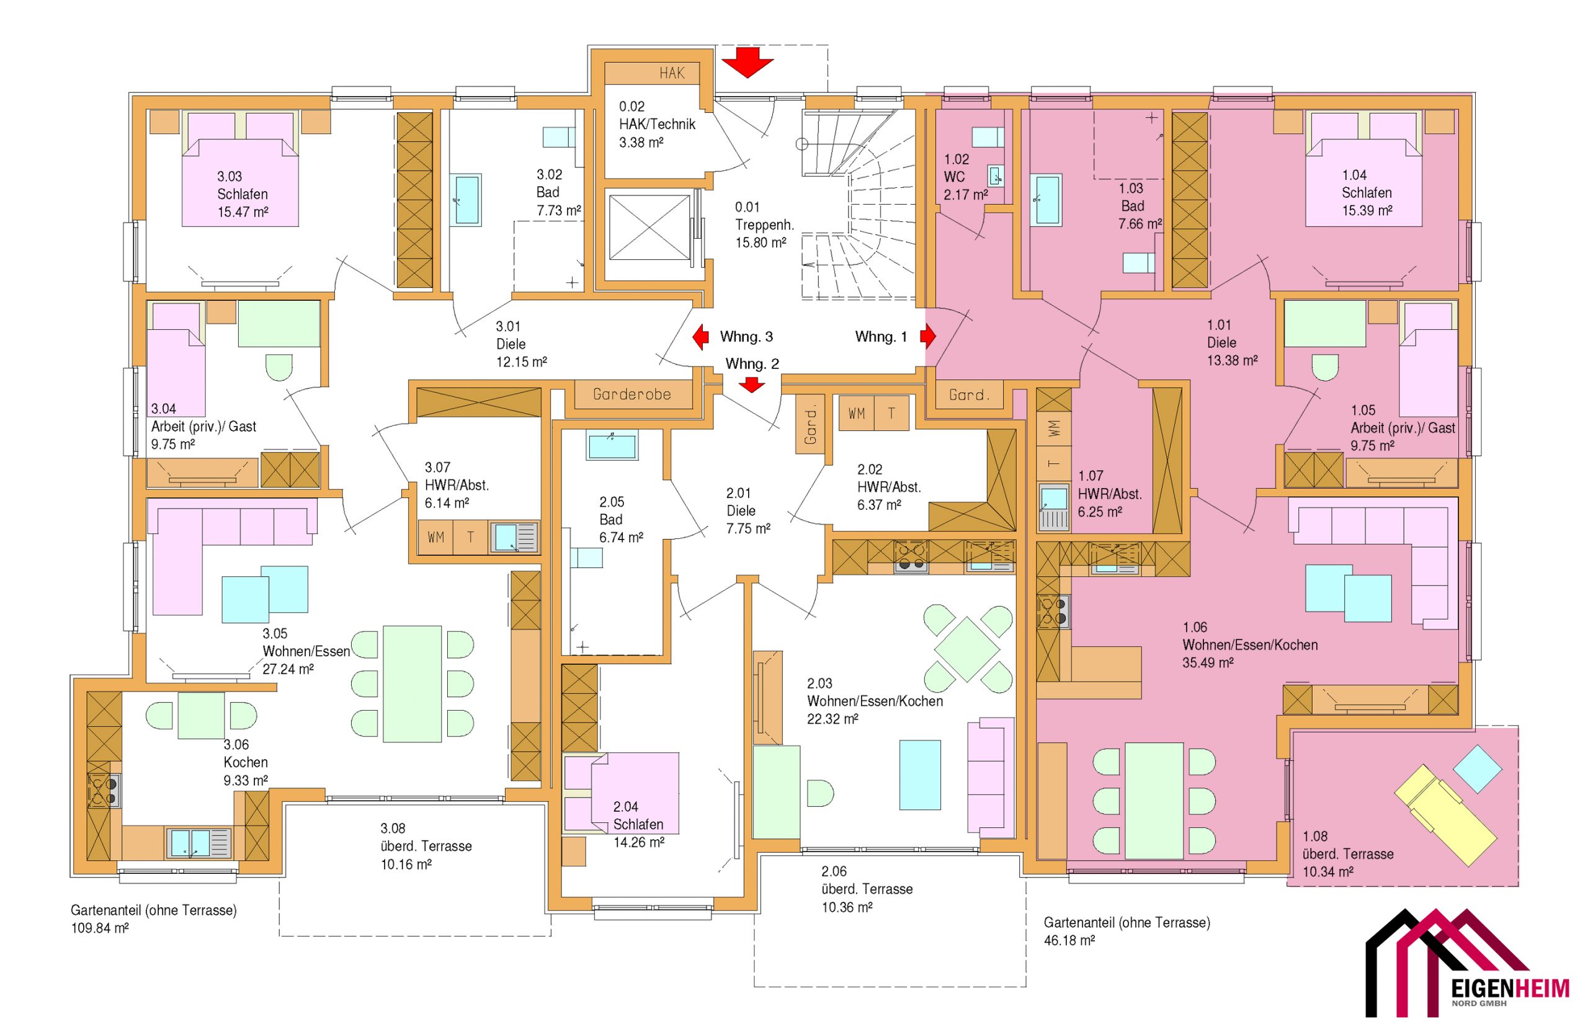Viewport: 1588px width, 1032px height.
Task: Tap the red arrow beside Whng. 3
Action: point(700,337)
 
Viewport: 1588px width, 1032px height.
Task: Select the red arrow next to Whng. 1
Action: point(928,336)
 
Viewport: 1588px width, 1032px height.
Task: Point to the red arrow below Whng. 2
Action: point(752,385)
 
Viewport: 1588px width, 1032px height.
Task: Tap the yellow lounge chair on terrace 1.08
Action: point(1445,815)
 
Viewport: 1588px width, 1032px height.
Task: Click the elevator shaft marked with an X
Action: point(649,228)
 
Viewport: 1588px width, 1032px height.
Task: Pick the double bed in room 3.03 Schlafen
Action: point(240,169)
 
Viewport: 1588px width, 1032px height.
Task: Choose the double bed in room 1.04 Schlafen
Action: point(1364,169)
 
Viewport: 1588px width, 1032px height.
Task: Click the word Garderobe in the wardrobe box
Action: point(632,394)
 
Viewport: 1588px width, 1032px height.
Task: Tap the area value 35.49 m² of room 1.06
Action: point(1208,663)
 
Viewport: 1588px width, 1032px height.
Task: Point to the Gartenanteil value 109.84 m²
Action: point(100,928)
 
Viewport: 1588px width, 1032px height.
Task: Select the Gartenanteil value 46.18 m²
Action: point(1069,941)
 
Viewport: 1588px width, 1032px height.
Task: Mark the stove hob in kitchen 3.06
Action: point(104,791)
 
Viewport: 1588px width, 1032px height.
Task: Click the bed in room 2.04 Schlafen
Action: point(621,793)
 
